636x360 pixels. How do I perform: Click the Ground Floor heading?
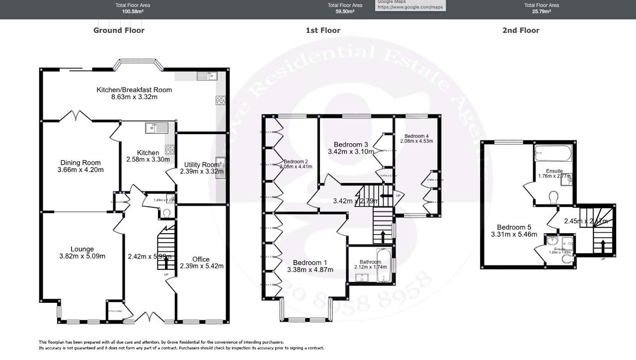pos(119,30)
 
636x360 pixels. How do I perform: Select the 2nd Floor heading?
pos(521,30)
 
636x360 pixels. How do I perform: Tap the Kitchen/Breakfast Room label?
pos(134,90)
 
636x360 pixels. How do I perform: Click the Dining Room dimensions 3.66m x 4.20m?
pos(80,170)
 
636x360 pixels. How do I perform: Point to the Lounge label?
pos(82,249)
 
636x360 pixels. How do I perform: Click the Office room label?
pos(201,259)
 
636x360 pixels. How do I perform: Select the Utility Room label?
pos(201,165)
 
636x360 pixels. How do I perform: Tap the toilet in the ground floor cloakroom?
pos(167,213)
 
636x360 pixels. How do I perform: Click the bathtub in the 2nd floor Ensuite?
pos(553,153)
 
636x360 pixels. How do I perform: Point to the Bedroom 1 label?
pos(310,263)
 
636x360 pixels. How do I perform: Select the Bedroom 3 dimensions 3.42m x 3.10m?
pos(351,152)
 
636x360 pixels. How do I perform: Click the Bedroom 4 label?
pos(416,136)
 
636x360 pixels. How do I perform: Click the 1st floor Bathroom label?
pos(370,262)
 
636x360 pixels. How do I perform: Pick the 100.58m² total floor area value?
pos(133,11)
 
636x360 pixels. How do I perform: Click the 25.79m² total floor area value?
pos(542,11)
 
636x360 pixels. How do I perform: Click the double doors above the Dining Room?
pos(76,116)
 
